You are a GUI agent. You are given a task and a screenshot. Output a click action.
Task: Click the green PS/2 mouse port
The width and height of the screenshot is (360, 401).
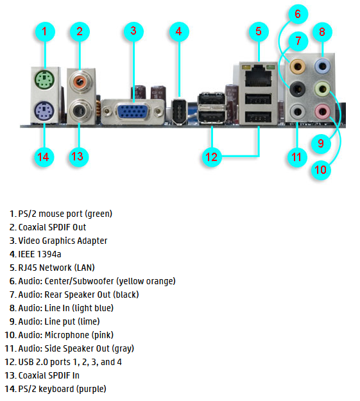(x=44, y=80)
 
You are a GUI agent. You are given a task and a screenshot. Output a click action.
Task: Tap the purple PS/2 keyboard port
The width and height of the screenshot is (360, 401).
(x=44, y=111)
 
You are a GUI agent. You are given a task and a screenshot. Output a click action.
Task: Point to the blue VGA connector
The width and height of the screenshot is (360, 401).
(x=133, y=111)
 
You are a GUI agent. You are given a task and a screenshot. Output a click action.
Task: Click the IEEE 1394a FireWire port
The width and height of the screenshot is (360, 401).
(x=179, y=112)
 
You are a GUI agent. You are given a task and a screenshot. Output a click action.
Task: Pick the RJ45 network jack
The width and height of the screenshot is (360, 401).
(x=258, y=76)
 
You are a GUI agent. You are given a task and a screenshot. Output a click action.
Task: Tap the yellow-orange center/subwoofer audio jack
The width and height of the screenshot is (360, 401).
(x=298, y=67)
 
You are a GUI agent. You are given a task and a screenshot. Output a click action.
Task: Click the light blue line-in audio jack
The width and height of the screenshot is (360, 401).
(x=322, y=66)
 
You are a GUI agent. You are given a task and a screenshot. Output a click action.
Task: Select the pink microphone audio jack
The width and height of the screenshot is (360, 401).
(x=322, y=112)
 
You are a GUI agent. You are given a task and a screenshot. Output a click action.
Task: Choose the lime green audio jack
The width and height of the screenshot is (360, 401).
(x=322, y=89)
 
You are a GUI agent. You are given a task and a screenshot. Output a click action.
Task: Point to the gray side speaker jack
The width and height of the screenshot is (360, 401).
(x=298, y=112)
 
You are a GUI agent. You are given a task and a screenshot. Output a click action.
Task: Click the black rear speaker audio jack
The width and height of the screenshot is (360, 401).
(x=298, y=89)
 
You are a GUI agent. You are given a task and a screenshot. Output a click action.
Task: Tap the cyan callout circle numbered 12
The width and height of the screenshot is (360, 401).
(x=212, y=157)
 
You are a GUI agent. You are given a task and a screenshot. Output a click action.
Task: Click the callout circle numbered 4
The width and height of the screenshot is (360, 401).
(x=179, y=31)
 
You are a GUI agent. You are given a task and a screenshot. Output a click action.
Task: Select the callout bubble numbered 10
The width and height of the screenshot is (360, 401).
(x=321, y=169)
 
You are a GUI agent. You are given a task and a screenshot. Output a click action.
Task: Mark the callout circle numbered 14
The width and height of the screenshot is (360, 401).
(x=44, y=157)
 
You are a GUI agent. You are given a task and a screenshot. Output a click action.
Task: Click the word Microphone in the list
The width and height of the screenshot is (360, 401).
(x=67, y=335)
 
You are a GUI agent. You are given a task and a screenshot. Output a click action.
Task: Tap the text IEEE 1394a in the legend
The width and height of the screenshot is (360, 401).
(x=40, y=254)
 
